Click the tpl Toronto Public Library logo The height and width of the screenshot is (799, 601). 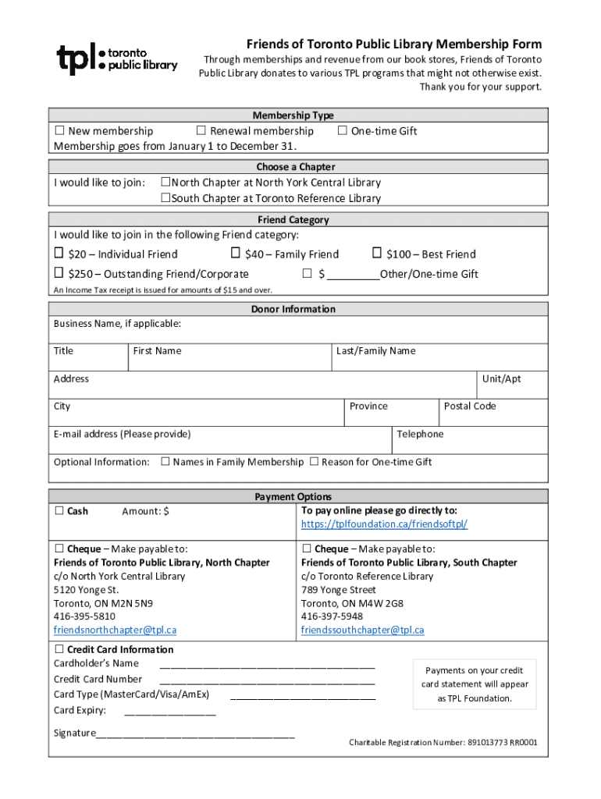pyautogui.click(x=117, y=59)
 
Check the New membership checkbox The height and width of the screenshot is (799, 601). pyautogui.click(x=59, y=131)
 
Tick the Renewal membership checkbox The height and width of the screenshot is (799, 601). pyautogui.click(x=201, y=131)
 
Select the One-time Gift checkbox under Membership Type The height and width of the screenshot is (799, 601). pyautogui.click(x=342, y=131)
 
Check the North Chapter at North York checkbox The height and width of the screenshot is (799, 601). pyautogui.click(x=165, y=183)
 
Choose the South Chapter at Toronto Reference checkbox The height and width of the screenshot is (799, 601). pyautogui.click(x=165, y=198)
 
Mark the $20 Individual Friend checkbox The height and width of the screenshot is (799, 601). pyautogui.click(x=59, y=254)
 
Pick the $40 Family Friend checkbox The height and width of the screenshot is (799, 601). pyautogui.click(x=235, y=254)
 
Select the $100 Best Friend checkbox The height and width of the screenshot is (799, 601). pyautogui.click(x=377, y=254)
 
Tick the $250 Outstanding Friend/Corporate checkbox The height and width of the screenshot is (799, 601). pyautogui.click(x=59, y=273)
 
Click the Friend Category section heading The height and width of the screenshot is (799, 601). pyautogui.click(x=293, y=220)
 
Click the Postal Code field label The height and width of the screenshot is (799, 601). pyautogui.click(x=470, y=406)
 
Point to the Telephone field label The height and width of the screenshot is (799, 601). pyautogui.click(x=420, y=434)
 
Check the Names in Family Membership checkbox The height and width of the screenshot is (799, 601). pyautogui.click(x=165, y=462)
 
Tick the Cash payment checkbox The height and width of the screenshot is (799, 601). pyautogui.click(x=59, y=511)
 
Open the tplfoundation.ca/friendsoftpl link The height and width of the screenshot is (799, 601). pyautogui.click(x=384, y=524)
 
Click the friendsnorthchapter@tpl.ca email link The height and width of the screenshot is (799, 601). pyautogui.click(x=115, y=630)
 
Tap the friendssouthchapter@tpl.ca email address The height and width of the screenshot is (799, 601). pyautogui.click(x=363, y=630)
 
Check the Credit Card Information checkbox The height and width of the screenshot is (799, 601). pyautogui.click(x=59, y=649)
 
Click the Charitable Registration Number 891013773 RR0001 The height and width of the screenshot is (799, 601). pyautogui.click(x=443, y=742)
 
